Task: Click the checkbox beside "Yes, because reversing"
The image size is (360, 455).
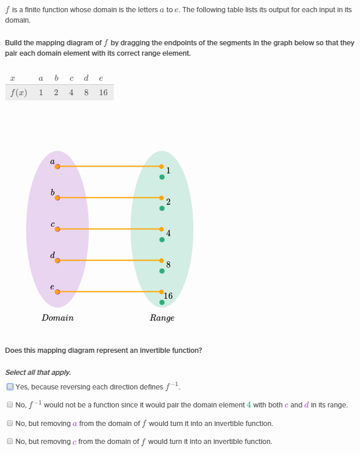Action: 10,387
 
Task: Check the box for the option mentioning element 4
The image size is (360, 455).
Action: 10,405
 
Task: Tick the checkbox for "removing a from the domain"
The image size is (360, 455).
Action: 10,424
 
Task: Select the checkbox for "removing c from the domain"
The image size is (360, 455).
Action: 10,442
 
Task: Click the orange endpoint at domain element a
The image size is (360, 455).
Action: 57,167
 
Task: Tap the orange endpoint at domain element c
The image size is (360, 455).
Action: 57,229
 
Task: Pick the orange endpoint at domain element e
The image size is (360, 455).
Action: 57,292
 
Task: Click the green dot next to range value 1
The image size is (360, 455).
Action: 162,177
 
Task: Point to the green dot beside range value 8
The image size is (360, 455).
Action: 162,271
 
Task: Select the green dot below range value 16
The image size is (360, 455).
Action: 162,302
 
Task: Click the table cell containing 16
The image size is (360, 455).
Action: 103,92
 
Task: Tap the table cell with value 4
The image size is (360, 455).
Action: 71,92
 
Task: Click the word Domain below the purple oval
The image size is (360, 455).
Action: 57,318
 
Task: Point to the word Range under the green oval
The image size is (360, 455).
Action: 162,318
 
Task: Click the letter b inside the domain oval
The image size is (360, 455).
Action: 53,192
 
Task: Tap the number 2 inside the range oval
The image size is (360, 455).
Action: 168,202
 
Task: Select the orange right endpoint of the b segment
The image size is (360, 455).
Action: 162,198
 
